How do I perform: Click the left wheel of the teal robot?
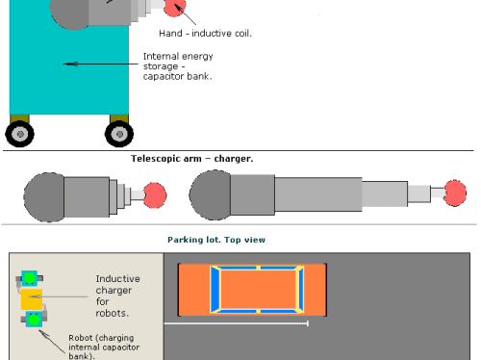pyautogui.click(x=19, y=134)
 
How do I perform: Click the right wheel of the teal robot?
pyautogui.click(x=119, y=134)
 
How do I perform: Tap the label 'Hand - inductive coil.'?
pyautogui.click(x=205, y=34)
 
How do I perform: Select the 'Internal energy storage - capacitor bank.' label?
pyautogui.click(x=178, y=66)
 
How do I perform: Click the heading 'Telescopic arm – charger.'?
pyautogui.click(x=191, y=159)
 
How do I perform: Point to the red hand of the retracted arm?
pyautogui.click(x=155, y=195)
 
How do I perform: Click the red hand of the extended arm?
pyautogui.click(x=455, y=193)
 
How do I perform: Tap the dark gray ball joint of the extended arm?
pyautogui.click(x=210, y=195)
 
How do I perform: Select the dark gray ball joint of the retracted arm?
pyautogui.click(x=44, y=197)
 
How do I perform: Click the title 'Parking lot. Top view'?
pyautogui.click(x=216, y=240)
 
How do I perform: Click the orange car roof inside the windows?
pyautogui.click(x=258, y=290)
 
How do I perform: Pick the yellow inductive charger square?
pyautogui.click(x=32, y=299)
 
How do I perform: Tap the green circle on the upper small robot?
pyautogui.click(x=30, y=278)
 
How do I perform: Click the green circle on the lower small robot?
pyautogui.click(x=34, y=320)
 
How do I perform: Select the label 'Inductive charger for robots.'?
pyautogui.click(x=117, y=296)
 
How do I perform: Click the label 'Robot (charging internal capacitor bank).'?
pyautogui.click(x=104, y=347)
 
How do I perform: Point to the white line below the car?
pyautogui.click(x=237, y=323)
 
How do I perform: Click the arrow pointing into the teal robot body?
pyautogui.click(x=100, y=64)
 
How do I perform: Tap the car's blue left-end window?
pyautogui.click(x=215, y=290)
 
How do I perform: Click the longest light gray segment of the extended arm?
pyautogui.click(x=318, y=194)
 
